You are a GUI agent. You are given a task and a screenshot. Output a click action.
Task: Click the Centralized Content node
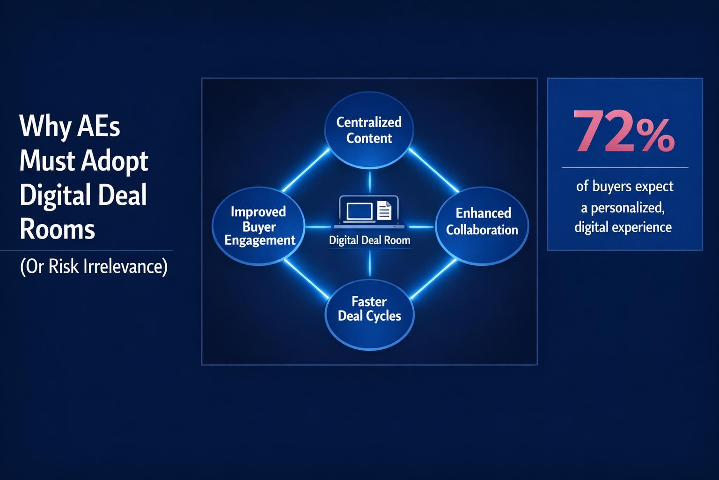[x=369, y=130]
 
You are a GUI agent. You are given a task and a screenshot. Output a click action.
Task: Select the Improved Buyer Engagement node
[x=259, y=226]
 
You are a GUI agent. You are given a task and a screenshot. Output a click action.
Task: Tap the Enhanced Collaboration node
[x=482, y=222]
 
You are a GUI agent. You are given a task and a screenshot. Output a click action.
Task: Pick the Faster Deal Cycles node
[x=369, y=309]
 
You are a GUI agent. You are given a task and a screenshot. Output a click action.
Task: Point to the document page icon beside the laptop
[x=384, y=210]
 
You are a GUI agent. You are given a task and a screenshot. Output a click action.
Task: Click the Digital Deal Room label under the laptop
[x=369, y=240]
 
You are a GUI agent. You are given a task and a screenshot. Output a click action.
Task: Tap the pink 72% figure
[x=624, y=132]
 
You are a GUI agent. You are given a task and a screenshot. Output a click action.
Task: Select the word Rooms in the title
[x=57, y=229]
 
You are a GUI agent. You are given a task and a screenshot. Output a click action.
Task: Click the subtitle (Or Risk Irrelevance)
[x=94, y=267]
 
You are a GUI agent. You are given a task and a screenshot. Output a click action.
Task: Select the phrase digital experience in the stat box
[x=623, y=228]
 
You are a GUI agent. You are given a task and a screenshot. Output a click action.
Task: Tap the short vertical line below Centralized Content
[x=369, y=182]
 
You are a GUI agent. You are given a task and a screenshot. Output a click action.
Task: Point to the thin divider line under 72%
[x=624, y=167]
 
